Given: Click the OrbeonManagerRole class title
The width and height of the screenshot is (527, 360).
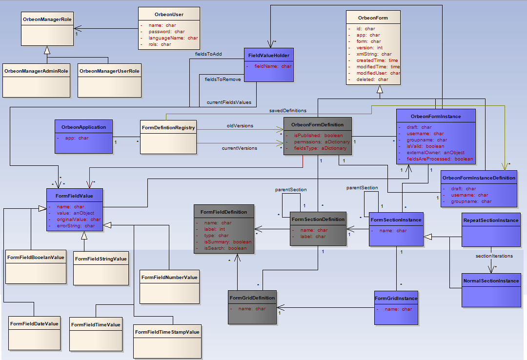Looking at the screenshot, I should pos(47,19).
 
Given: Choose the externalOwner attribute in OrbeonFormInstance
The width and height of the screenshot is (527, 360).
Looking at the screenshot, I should pos(435,152).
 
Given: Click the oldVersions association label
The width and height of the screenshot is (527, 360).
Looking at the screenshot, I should pos(240,126).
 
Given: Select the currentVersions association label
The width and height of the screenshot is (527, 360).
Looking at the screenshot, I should pos(240,148).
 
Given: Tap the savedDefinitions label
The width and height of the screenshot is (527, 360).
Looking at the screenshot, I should pos(288,111).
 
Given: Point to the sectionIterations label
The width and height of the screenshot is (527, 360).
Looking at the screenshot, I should pos(494,256).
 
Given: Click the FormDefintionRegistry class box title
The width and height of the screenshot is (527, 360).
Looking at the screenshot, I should pos(168,128).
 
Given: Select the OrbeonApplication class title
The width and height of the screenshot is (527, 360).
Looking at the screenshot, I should pos(83,127).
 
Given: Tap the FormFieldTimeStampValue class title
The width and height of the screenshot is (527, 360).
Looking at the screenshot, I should pos(167,332).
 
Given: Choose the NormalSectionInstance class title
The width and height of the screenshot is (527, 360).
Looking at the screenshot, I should pos(491,281).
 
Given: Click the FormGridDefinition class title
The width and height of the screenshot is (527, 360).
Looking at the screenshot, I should pos(252,298).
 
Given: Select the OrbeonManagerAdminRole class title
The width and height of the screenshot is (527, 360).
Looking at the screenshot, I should pos(36,71).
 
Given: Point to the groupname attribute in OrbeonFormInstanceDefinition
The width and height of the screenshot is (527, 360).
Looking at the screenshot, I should pos(471,201).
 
